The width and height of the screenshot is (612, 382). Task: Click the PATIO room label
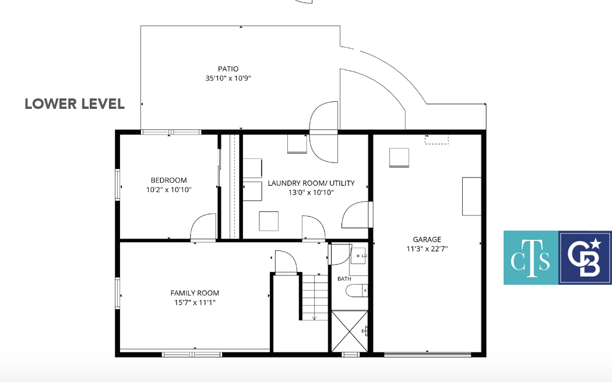tap(228, 69)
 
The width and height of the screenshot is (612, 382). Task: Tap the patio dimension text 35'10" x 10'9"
tap(228, 78)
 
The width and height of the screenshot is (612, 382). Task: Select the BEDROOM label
tap(168, 180)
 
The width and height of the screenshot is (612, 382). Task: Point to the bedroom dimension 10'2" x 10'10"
tap(168, 190)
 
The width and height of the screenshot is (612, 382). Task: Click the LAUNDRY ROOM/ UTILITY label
tap(311, 183)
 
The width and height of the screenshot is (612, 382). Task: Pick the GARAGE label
tap(427, 239)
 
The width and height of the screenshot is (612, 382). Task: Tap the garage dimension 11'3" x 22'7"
tap(427, 249)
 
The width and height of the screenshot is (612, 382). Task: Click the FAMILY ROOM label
tap(195, 293)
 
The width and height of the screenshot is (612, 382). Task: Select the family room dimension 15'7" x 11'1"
tap(195, 302)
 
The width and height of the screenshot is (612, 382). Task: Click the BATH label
tap(344, 279)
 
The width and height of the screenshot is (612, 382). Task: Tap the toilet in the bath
tap(357, 291)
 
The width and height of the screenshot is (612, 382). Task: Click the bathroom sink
tap(358, 256)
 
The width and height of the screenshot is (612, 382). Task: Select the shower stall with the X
tap(350, 331)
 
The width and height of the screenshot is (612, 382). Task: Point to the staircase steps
tap(315, 297)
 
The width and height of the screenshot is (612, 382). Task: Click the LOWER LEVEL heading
tap(75, 104)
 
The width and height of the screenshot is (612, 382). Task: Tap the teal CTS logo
tap(531, 257)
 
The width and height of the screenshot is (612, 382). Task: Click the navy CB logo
tap(585, 257)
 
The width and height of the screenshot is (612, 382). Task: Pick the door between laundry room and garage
tap(356, 215)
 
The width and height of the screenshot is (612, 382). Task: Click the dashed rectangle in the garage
tap(437, 140)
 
